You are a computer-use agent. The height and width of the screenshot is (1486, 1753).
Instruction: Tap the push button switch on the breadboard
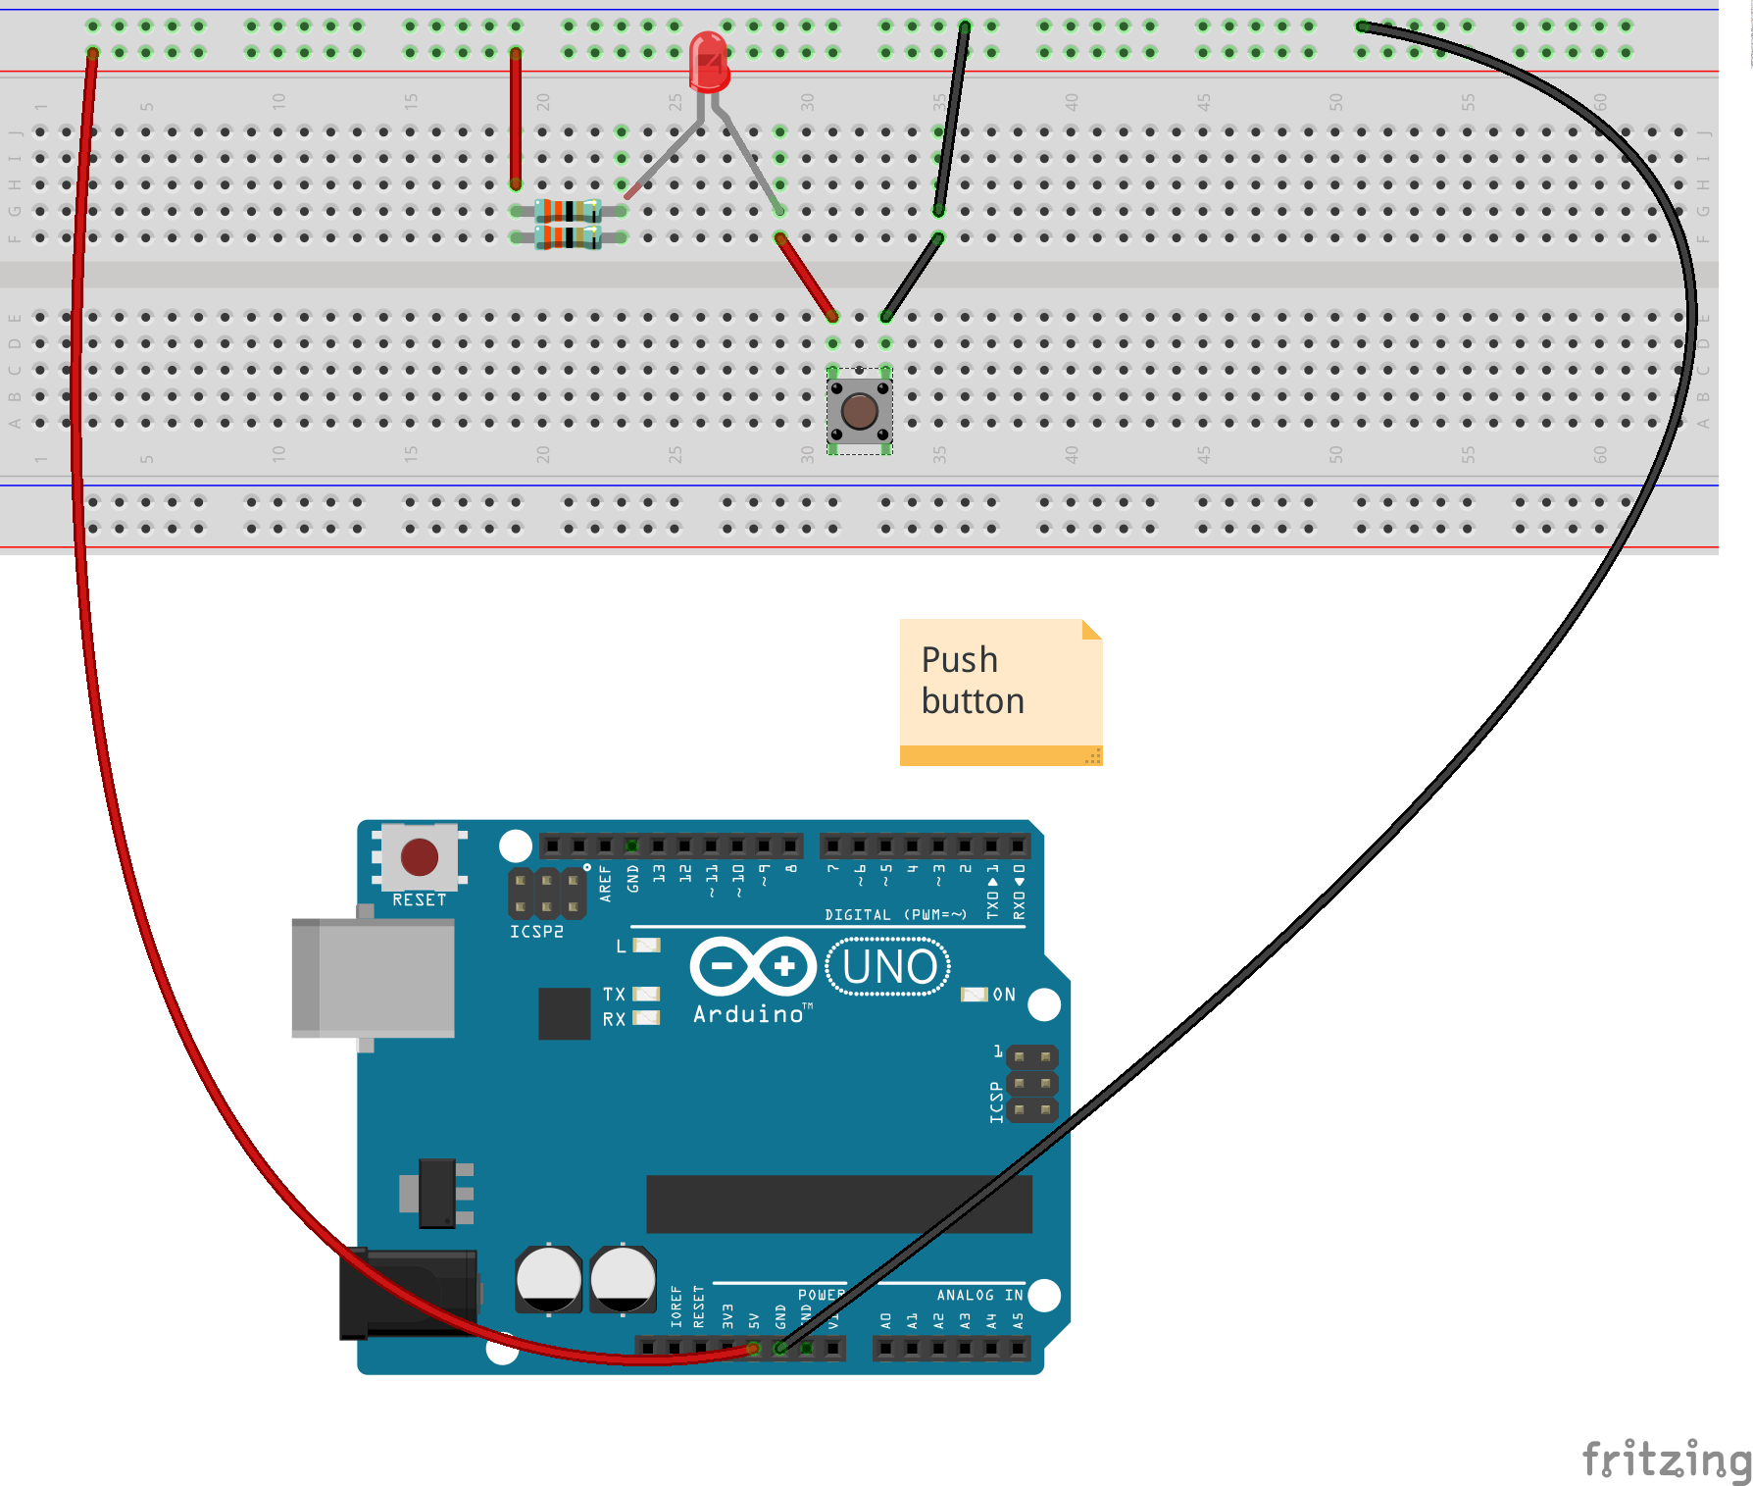click(859, 411)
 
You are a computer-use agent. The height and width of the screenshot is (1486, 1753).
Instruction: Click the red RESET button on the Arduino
click(419, 857)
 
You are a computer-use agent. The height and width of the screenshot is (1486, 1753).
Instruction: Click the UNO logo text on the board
click(888, 967)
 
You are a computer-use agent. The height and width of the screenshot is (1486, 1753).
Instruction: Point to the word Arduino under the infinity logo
click(749, 1014)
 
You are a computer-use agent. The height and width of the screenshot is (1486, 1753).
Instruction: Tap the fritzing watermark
click(1665, 1459)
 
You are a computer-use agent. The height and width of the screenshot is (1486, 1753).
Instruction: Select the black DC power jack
click(407, 1293)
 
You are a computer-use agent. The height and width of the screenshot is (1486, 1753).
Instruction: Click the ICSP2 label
click(536, 932)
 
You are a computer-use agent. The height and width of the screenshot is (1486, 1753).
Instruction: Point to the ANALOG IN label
click(978, 1296)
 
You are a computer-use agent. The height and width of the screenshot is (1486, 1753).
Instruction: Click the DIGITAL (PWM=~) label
click(895, 915)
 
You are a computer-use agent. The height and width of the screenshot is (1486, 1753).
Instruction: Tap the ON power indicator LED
click(974, 995)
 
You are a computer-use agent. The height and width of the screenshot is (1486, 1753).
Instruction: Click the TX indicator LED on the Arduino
click(646, 994)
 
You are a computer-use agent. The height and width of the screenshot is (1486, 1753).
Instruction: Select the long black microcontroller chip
click(838, 1204)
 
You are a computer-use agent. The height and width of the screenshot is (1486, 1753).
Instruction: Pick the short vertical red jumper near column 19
click(515, 118)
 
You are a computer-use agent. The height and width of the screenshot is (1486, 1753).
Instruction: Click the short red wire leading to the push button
click(806, 277)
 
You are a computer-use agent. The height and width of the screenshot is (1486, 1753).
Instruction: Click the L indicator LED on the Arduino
click(646, 946)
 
